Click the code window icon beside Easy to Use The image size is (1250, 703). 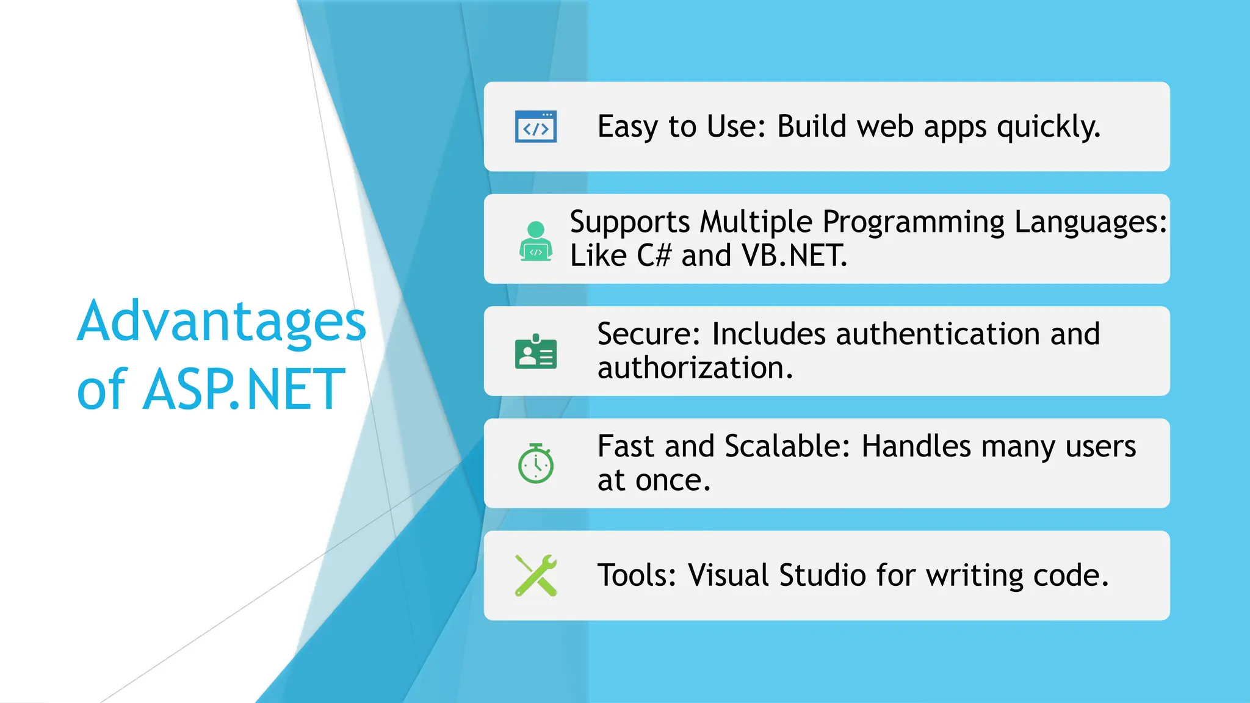click(535, 126)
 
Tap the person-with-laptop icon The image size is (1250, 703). click(535, 242)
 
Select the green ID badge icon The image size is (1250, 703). click(535, 351)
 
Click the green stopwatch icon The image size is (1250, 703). click(535, 464)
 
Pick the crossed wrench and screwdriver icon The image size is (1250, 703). click(535, 575)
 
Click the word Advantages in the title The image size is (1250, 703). click(221, 322)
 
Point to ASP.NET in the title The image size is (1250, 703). click(244, 389)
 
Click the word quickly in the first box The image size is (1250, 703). click(1048, 127)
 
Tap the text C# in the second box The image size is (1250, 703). click(654, 255)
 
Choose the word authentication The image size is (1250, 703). click(937, 334)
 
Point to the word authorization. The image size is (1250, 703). click(695, 368)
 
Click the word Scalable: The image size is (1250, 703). click(787, 446)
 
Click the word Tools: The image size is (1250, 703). click(637, 575)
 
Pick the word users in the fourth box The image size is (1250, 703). click(1100, 446)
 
